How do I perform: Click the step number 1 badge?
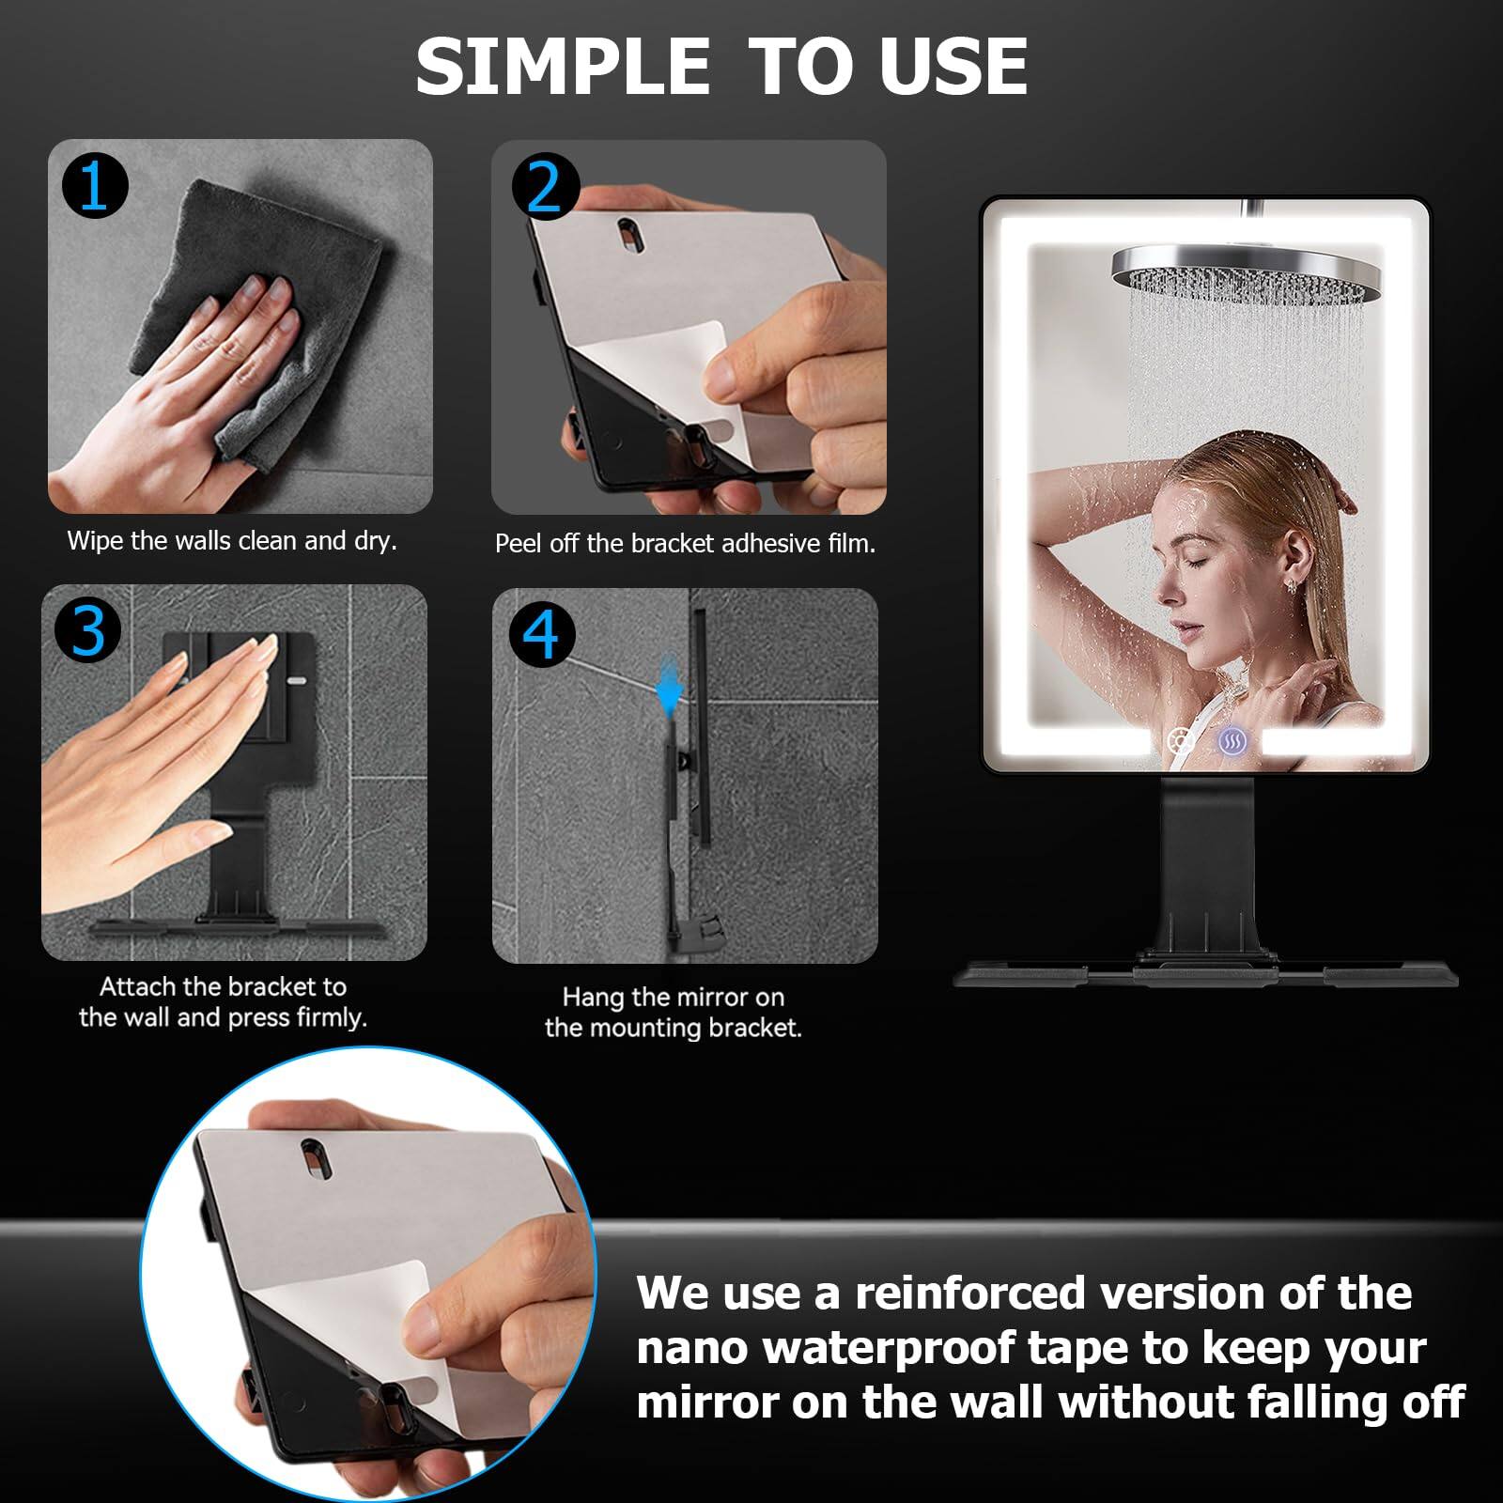95,186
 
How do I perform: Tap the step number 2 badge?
545,186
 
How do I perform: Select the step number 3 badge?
88,629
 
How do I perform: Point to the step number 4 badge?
541,635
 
